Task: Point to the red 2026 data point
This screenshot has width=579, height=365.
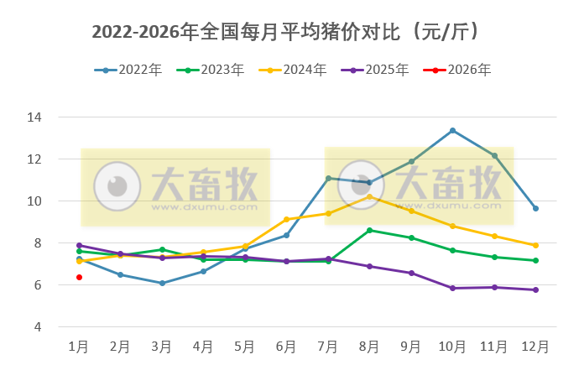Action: click(x=80, y=277)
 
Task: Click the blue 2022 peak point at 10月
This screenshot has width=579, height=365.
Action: click(x=453, y=130)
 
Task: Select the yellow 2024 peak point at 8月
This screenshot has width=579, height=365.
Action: click(x=369, y=196)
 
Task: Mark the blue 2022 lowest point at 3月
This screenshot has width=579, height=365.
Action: click(x=162, y=283)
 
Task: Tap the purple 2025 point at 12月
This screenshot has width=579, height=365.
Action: click(x=535, y=289)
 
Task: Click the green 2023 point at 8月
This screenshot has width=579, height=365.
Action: click(x=369, y=230)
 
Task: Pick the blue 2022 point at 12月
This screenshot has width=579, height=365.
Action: click(x=535, y=208)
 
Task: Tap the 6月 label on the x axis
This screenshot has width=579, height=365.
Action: click(x=286, y=346)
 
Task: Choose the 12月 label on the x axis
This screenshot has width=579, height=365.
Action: click(x=535, y=346)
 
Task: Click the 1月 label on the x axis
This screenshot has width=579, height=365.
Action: click(x=79, y=346)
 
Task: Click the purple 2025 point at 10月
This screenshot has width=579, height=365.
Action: click(x=453, y=288)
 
